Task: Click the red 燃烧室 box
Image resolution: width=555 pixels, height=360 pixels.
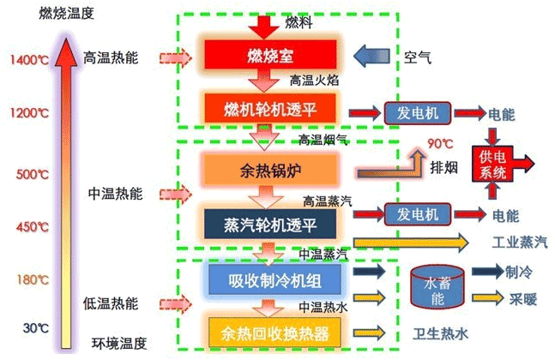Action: click(270, 55)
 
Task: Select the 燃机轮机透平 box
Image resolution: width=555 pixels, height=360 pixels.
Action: click(270, 108)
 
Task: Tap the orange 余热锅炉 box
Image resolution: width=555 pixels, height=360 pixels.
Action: click(270, 170)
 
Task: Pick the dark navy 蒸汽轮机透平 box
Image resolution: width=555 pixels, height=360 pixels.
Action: click(270, 224)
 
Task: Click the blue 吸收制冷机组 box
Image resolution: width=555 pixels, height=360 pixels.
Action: click(274, 280)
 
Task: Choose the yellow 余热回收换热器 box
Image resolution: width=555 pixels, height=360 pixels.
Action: click(274, 333)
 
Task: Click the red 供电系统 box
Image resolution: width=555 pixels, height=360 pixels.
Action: click(492, 164)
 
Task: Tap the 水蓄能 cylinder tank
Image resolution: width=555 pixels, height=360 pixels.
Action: click(437, 287)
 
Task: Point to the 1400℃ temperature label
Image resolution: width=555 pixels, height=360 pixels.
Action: click(29, 59)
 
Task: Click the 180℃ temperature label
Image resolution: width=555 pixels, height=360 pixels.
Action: click(33, 279)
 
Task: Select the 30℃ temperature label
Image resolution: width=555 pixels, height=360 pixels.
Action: click(36, 327)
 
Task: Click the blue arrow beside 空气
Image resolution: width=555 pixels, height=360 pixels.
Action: click(371, 57)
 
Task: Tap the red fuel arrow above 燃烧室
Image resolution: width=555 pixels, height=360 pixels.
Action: click(264, 27)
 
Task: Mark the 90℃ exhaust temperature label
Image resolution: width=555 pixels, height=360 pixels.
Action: click(440, 143)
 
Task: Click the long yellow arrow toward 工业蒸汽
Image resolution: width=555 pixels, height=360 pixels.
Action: click(411, 243)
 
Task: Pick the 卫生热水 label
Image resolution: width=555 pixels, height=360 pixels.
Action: click(441, 333)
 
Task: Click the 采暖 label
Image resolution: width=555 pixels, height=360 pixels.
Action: click(523, 299)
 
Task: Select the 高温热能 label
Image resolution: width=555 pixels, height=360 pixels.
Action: click(111, 57)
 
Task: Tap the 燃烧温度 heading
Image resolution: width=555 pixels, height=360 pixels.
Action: click(67, 14)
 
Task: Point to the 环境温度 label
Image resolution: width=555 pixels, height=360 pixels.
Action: click(119, 343)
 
